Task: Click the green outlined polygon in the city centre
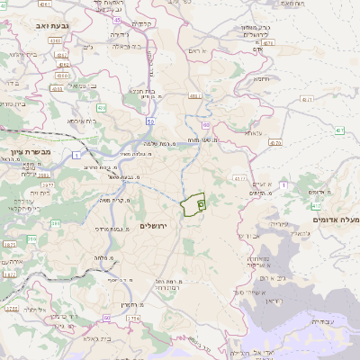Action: click(x=193, y=205)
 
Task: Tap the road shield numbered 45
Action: click(x=117, y=19)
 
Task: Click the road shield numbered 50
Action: click(x=150, y=120)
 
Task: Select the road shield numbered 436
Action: click(x=102, y=108)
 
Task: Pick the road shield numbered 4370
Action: click(x=275, y=142)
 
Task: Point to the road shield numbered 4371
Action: click(x=308, y=99)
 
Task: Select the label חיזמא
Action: click(x=262, y=78)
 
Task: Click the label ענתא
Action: click(x=253, y=132)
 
